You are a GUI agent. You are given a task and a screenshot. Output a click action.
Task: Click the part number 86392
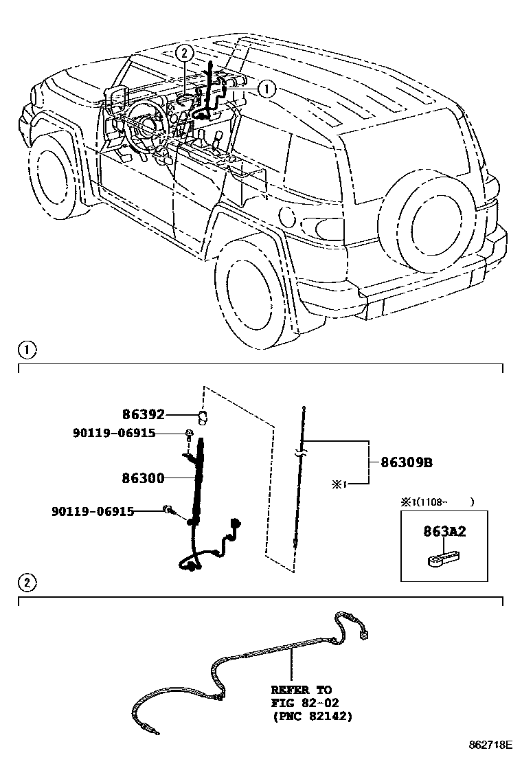[144, 414]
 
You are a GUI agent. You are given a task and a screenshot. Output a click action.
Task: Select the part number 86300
[144, 479]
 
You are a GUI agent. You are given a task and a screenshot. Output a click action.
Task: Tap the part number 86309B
[407, 462]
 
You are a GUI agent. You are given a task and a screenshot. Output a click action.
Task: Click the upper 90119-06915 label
[113, 433]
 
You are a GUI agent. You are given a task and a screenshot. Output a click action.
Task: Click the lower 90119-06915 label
[92, 511]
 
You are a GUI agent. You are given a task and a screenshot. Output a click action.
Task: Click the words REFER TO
[301, 689]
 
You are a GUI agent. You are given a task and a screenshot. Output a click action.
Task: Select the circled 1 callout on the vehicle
[266, 88]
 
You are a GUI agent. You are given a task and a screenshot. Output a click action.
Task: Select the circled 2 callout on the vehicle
[183, 52]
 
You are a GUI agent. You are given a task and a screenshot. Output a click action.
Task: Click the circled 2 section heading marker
[25, 583]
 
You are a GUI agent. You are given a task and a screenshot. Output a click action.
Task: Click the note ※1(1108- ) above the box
[438, 502]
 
